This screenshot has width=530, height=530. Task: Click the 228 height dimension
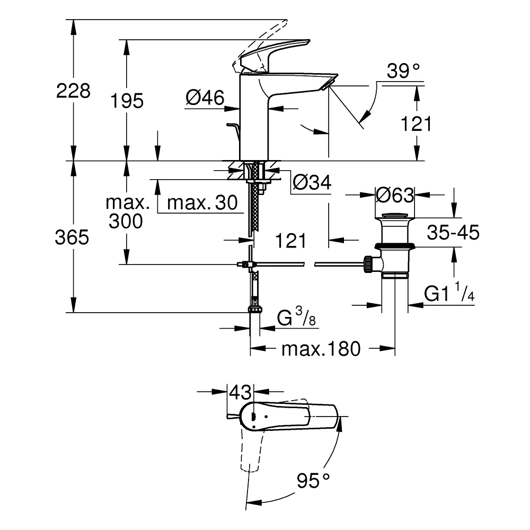(73, 91)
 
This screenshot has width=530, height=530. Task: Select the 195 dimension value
(127, 101)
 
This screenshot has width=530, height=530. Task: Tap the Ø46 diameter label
(205, 98)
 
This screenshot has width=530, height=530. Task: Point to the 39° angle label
(403, 71)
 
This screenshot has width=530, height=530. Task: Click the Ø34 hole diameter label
(312, 182)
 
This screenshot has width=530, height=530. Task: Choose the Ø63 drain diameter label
(395, 195)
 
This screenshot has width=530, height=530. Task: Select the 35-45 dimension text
(453, 233)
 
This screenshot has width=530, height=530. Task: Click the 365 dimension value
(72, 237)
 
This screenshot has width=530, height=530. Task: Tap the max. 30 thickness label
(202, 203)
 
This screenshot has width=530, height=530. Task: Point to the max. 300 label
(127, 212)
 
